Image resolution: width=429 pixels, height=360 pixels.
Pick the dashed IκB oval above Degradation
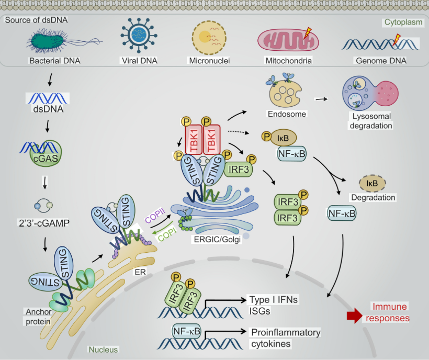(x=372, y=183)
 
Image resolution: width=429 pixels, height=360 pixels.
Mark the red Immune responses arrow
(x=355, y=314)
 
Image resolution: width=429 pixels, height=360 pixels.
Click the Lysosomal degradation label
(x=372, y=121)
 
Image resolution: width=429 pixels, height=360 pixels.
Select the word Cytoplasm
(x=403, y=22)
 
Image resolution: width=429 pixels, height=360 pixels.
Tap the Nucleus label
(x=103, y=349)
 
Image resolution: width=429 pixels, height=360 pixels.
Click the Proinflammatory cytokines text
(x=286, y=338)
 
